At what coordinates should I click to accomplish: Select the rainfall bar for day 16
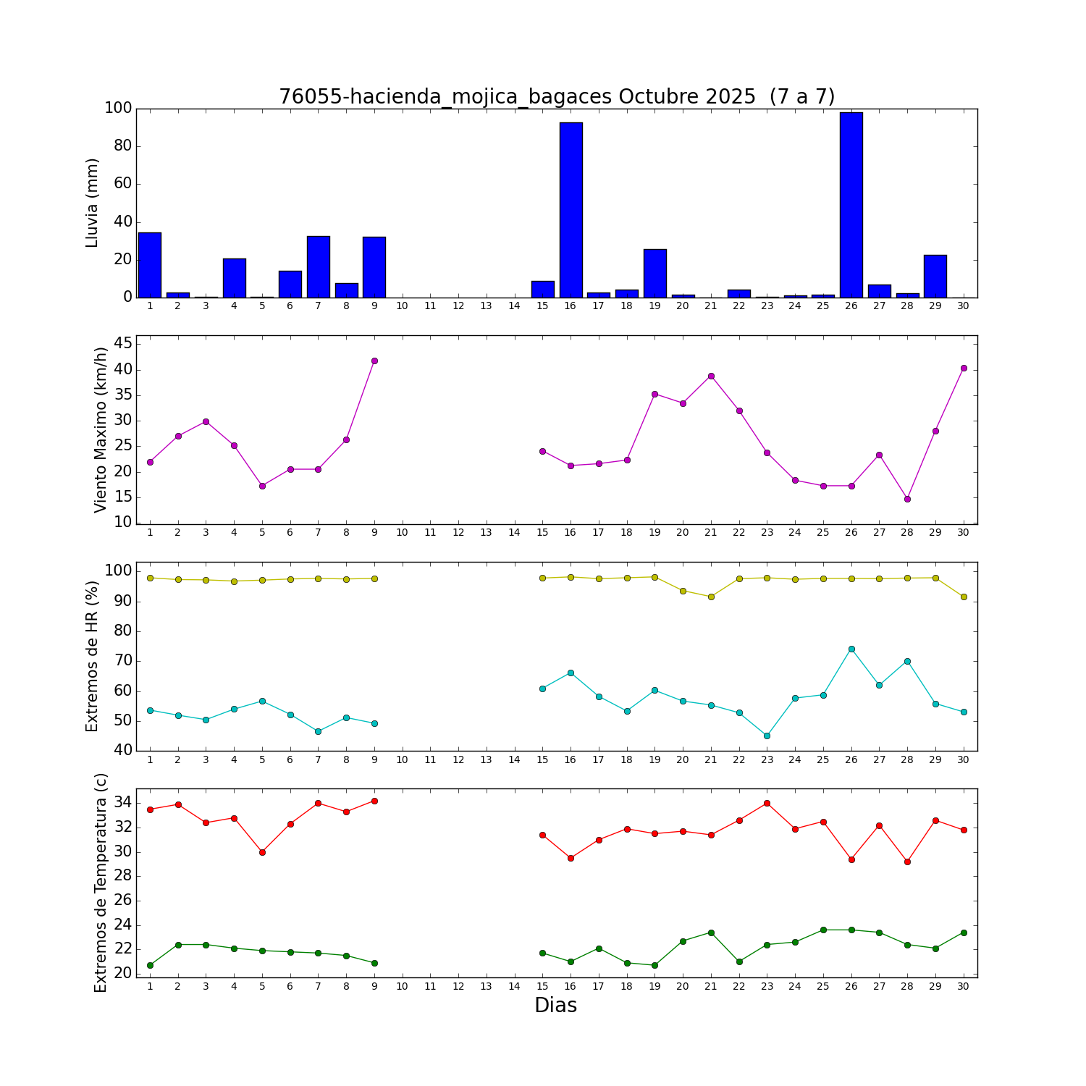[571, 210]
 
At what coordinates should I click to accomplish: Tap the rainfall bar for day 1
[150, 265]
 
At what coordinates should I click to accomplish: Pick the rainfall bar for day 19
[654, 273]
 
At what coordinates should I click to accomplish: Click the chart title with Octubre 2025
[557, 97]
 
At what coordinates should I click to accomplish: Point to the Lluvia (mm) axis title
[92, 203]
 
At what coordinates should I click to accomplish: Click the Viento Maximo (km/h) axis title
[101, 429]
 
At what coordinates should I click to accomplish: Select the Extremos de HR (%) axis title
[92, 656]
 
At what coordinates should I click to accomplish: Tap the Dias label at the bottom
[555, 1006]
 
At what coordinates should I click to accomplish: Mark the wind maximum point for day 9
[374, 361]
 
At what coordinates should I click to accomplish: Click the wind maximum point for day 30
[964, 368]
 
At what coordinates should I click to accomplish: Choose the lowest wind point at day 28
[907, 499]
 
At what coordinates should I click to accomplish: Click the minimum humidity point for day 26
[851, 649]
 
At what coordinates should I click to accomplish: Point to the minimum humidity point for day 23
[767, 736]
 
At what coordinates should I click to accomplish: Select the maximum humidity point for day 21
[711, 597]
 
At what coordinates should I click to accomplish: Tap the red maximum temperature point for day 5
[262, 852]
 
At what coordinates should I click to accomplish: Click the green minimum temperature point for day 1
[150, 965]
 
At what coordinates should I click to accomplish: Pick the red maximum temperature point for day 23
[767, 803]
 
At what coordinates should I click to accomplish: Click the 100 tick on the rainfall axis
[118, 109]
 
